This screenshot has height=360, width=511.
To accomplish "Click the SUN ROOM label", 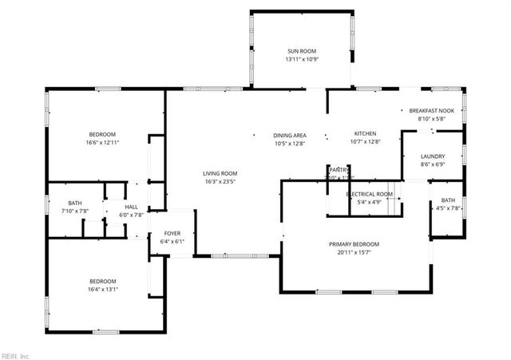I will click(301, 50).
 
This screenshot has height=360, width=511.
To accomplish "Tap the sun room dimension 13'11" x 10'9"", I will click(301, 60).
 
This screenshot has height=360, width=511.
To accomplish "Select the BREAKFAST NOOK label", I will click(432, 111).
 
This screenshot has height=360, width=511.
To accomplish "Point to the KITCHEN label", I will click(365, 133).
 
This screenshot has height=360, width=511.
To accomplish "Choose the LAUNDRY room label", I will click(433, 156).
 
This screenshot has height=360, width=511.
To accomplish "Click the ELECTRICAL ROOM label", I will click(369, 194).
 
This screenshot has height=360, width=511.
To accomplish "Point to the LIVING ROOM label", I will click(220, 172).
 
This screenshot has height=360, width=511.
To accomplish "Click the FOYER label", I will click(172, 233).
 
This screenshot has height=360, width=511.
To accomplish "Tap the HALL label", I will click(131, 207).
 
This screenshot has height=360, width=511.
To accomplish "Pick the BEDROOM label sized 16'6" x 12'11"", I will click(102, 133).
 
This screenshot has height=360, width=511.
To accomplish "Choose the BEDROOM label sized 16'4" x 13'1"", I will click(102, 281).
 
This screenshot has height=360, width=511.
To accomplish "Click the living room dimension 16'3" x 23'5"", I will click(220, 181).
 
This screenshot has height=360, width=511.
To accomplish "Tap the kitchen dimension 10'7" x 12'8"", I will click(365, 142).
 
